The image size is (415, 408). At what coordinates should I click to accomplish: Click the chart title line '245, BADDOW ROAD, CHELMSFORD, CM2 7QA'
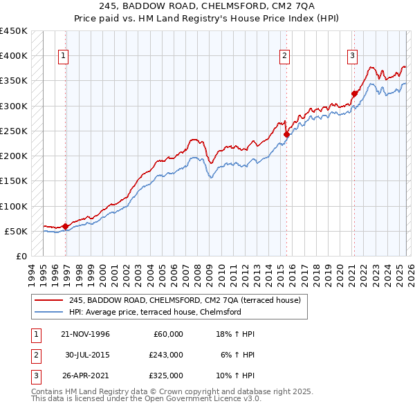[207, 8]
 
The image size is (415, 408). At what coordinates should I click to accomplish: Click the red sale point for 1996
[66, 226]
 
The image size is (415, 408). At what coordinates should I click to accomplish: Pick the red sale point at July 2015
[286, 134]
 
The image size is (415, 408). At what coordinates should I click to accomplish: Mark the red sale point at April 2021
[354, 93]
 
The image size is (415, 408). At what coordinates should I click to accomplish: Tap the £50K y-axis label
[16, 231]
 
